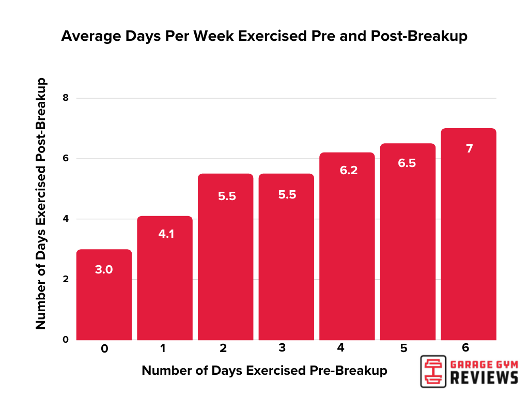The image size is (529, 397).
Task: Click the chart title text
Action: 264,36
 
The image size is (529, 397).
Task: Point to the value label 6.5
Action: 407,163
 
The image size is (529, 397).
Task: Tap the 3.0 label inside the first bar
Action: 104,269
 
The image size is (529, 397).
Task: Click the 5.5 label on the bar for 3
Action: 286,196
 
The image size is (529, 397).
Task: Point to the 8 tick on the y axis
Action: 65,98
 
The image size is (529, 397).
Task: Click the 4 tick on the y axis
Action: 65,219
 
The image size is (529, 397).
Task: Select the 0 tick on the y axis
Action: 65,340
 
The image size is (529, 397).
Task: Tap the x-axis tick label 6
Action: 466,348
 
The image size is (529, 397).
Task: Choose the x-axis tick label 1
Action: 163,348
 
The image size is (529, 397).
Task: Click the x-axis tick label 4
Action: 340,348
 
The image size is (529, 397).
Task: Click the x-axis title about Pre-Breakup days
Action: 264,371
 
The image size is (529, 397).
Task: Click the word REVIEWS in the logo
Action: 484,377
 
